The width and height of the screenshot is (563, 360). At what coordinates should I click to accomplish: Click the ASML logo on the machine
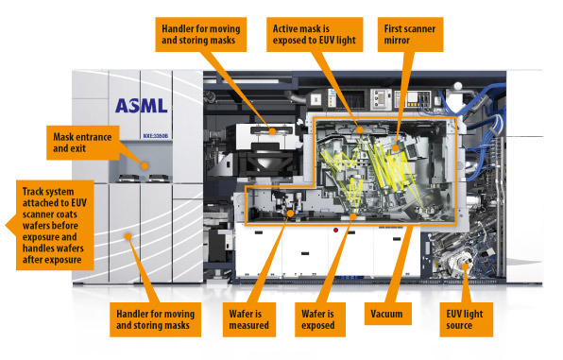(142, 106)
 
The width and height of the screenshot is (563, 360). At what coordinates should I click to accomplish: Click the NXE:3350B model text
(156, 136)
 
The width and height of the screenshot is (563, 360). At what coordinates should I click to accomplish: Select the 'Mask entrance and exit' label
(82, 143)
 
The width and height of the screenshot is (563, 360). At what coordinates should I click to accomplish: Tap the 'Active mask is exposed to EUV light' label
(315, 35)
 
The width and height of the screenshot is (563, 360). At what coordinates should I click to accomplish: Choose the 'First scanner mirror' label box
(410, 35)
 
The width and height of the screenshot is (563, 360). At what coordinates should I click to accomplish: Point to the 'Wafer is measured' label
(249, 319)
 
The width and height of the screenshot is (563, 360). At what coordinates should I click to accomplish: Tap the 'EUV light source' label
(466, 319)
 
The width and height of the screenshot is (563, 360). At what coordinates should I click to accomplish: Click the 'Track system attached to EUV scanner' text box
(55, 225)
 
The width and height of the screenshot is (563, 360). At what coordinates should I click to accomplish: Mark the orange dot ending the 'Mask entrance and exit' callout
(145, 166)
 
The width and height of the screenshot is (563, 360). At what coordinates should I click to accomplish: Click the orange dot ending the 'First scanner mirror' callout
(395, 147)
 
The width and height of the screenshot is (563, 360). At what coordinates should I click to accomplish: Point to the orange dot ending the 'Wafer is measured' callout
(290, 213)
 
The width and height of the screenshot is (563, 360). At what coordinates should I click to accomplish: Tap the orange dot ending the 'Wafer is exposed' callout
(353, 216)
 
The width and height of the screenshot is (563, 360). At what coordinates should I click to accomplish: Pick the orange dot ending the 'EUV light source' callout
(466, 266)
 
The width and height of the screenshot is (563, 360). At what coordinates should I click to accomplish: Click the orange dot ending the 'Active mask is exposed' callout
(360, 130)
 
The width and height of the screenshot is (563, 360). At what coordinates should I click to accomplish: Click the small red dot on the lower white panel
(335, 230)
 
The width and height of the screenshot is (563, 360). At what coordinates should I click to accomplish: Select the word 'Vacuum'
(386, 314)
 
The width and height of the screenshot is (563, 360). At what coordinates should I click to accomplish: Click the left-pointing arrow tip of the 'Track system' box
(7, 225)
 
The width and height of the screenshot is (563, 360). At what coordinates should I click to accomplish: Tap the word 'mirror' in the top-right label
(397, 41)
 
